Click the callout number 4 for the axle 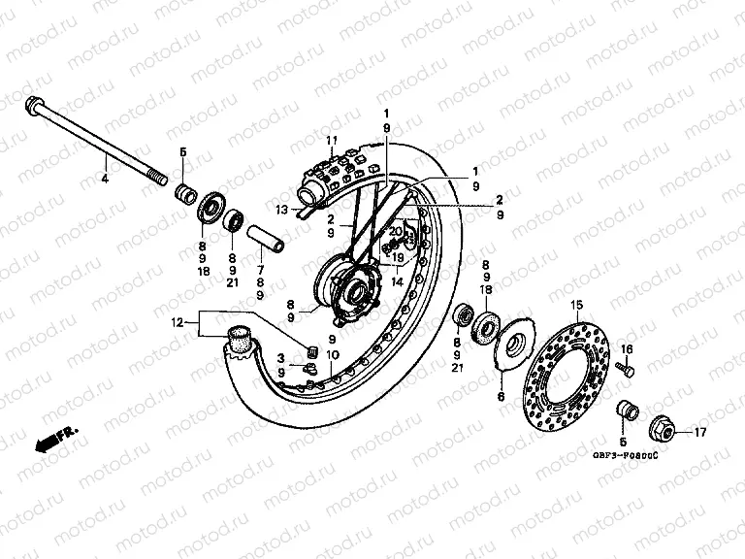(106, 178)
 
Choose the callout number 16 (627, 349)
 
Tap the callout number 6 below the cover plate (502, 397)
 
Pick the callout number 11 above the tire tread (331, 141)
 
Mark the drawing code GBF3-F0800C (625, 455)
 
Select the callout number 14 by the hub (397, 281)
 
